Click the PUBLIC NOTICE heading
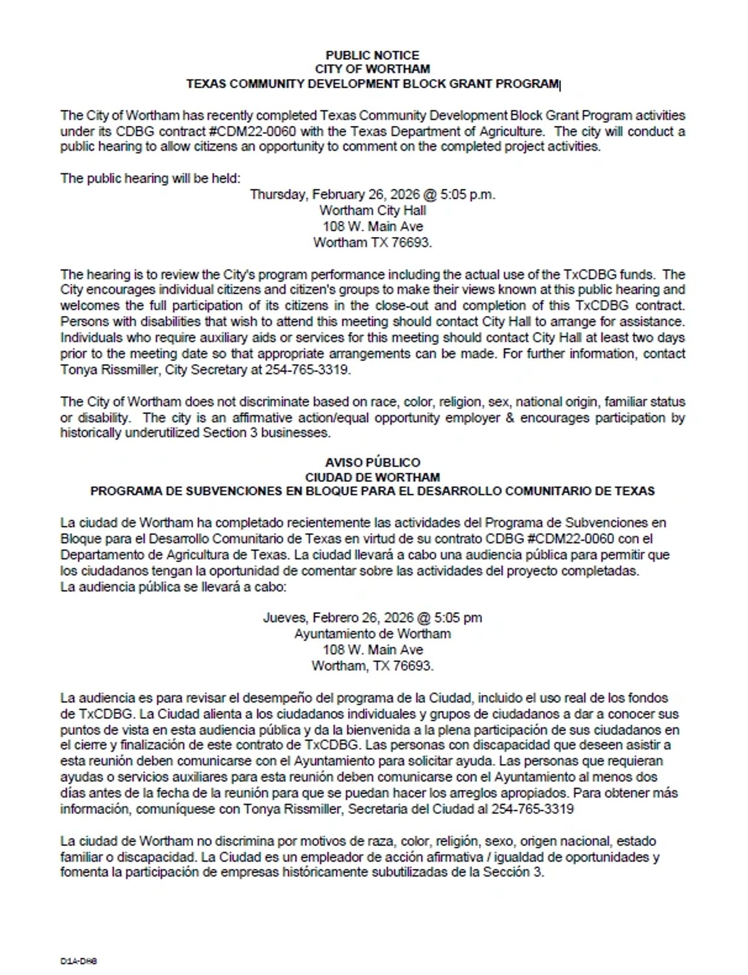point(372,55)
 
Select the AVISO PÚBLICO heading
point(372,462)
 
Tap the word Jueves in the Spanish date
point(284,618)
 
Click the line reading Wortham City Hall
point(372,210)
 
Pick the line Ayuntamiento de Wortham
point(372,634)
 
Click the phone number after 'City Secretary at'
point(307,370)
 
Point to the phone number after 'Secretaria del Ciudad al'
point(532,809)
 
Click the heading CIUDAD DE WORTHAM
point(372,477)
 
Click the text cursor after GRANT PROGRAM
point(560,85)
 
